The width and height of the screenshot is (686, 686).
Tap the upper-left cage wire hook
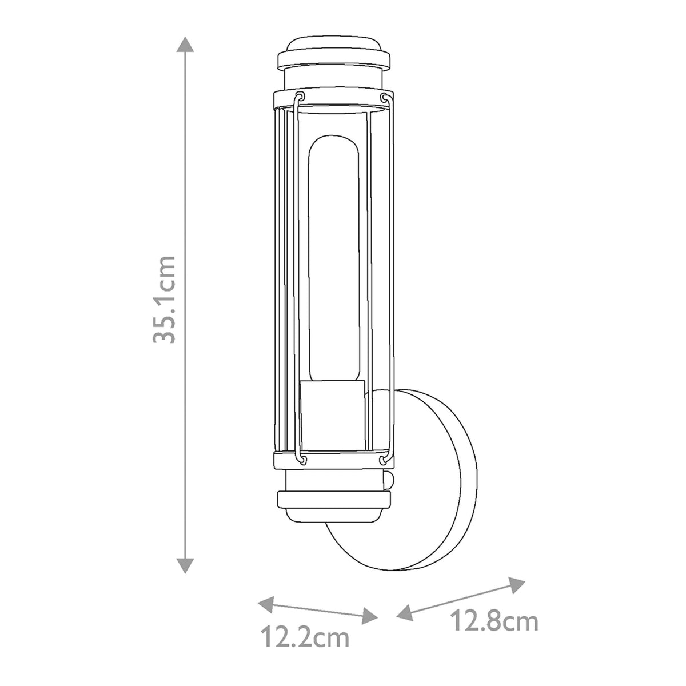(x=302, y=96)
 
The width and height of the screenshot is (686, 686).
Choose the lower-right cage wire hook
(x=383, y=459)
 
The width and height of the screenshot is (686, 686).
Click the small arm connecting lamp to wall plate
(x=390, y=480)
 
